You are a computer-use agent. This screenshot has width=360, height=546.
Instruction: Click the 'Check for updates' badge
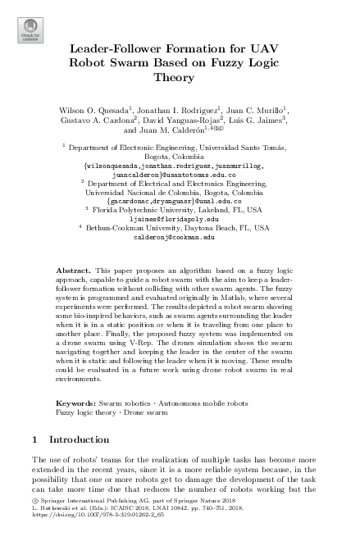30,30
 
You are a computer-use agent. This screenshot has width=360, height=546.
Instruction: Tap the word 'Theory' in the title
180,79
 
